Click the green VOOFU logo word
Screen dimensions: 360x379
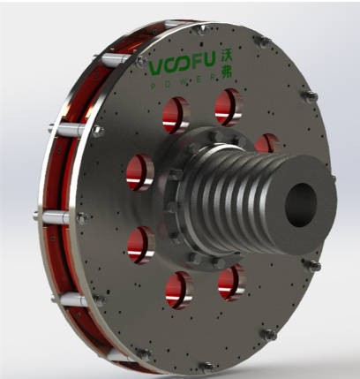(x=183, y=64)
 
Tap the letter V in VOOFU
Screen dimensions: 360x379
(x=157, y=68)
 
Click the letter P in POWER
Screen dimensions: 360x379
(x=153, y=86)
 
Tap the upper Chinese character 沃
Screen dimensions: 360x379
(x=227, y=57)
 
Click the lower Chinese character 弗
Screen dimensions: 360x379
(x=227, y=72)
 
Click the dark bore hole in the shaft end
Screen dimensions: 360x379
(x=301, y=205)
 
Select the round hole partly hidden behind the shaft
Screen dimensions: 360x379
(x=267, y=143)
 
